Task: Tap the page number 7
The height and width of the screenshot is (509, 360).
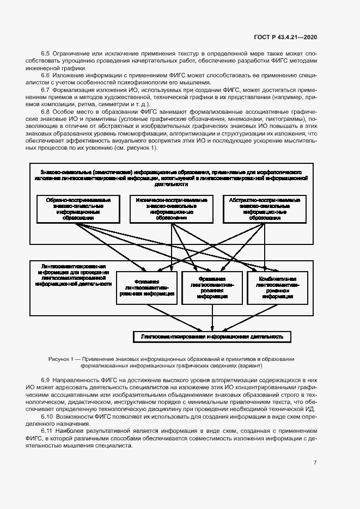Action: pyautogui.click(x=315, y=462)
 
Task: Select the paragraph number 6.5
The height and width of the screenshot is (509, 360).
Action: pyautogui.click(x=45, y=55)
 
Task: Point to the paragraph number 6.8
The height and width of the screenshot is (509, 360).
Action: pyautogui.click(x=45, y=112)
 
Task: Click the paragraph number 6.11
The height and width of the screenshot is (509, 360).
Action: pyautogui.click(x=47, y=430)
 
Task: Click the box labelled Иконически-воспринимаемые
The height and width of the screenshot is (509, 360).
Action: pyautogui.click(x=171, y=208)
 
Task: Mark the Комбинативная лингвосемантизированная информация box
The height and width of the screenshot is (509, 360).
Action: pyautogui.click(x=271, y=287)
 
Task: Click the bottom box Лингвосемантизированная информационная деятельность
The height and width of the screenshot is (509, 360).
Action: pyautogui.click(x=212, y=337)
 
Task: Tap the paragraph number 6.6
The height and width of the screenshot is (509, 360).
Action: pyautogui.click(x=45, y=74)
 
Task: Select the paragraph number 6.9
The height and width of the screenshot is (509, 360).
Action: pyautogui.click(x=45, y=380)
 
